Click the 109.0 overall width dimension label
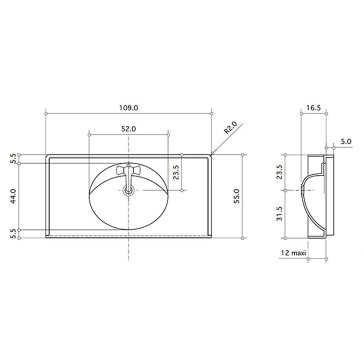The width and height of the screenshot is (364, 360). coord(129,107)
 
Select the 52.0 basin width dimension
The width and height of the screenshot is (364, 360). coord(129,129)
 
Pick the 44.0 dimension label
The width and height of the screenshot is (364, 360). coord(13,196)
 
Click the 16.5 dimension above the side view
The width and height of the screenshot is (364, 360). coord(313,108)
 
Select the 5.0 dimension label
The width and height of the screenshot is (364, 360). coord(346,141)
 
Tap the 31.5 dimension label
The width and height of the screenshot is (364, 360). coord(280,213)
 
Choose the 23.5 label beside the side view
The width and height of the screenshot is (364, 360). coord(280,173)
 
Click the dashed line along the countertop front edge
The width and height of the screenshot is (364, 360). coord(129,235)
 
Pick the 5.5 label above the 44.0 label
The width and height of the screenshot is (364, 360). coord(13,159)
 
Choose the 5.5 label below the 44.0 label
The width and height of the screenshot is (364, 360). coord(13,234)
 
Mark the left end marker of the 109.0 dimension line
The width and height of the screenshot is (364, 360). coord(47,114)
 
